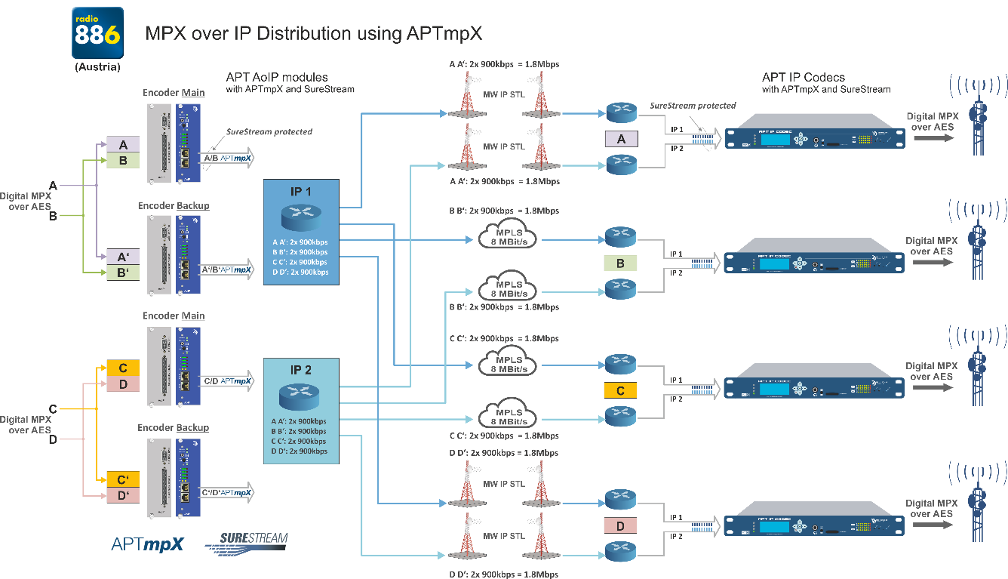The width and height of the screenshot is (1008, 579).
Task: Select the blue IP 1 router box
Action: click(x=302, y=232)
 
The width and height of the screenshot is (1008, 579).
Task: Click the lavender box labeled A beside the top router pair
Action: click(x=621, y=139)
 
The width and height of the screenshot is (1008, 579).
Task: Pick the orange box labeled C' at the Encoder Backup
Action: click(x=123, y=479)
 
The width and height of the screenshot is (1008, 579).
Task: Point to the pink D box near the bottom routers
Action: click(x=621, y=525)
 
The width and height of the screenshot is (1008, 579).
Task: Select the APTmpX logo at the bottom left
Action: click(x=147, y=544)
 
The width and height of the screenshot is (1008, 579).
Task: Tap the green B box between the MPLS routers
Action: click(x=621, y=263)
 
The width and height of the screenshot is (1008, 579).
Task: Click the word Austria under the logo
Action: click(x=97, y=67)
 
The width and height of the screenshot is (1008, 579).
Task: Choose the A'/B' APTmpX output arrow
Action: click(x=227, y=269)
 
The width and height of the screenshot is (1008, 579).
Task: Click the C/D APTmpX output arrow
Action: click(x=227, y=381)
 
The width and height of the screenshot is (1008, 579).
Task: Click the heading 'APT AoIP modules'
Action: click(x=277, y=77)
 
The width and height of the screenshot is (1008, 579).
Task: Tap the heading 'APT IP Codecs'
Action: click(x=803, y=77)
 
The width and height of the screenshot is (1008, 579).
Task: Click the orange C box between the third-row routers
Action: click(x=621, y=390)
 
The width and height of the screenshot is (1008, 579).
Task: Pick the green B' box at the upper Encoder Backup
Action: click(x=123, y=273)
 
